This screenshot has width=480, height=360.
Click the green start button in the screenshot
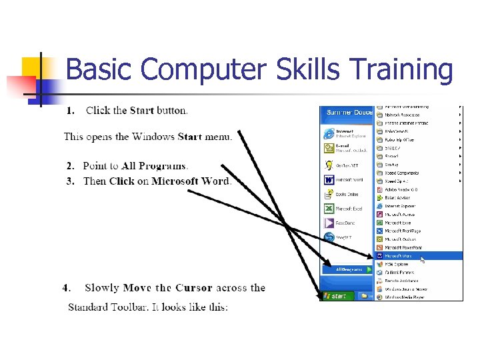pos(337,295)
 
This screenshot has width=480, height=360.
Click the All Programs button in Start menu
pos(347,269)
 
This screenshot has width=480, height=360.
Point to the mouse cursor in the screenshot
pos(423,259)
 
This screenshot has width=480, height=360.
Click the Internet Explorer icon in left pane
pos(329,133)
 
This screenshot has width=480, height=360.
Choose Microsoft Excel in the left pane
pos(329,209)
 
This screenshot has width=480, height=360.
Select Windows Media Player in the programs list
pos(403,297)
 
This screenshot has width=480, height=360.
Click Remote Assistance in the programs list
pos(401,280)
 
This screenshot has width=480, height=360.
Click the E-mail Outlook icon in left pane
pos(329,149)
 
